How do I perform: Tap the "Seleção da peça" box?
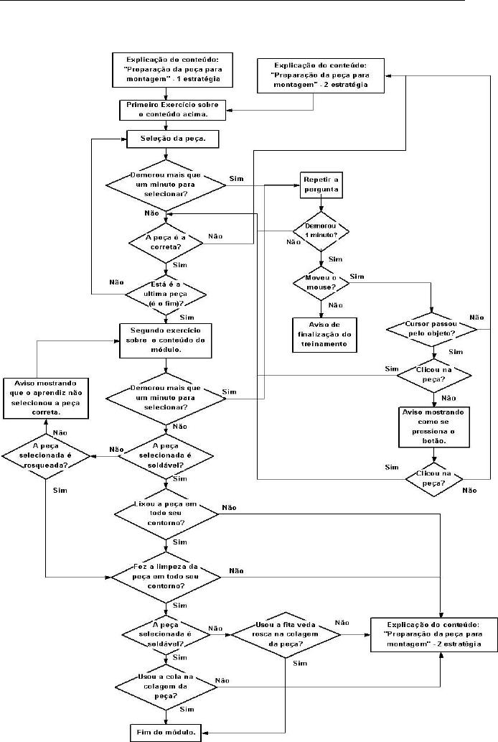coord(166,139)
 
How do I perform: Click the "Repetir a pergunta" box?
coord(320,185)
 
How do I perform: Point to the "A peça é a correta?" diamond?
coord(166,240)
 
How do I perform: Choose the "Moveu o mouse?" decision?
coord(320,281)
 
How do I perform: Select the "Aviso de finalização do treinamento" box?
coord(321,333)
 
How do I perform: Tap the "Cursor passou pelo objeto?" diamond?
coord(432,329)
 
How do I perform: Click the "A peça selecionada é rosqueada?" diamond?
coord(44,455)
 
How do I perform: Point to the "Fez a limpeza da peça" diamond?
coord(166,576)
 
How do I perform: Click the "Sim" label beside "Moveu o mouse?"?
coord(357,277)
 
